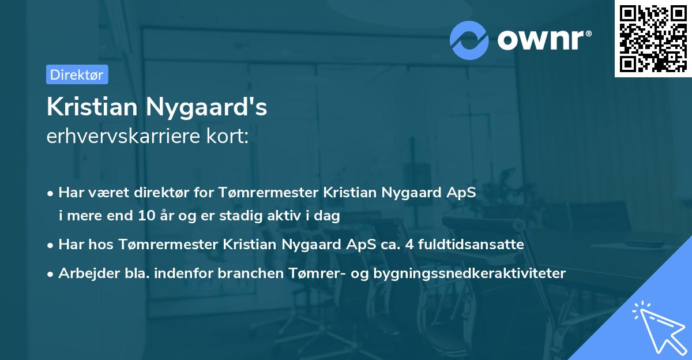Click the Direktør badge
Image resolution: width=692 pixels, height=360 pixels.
point(77,74)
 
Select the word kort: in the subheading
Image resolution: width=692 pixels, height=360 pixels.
point(231,136)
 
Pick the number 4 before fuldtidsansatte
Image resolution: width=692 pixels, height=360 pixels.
point(409,245)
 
